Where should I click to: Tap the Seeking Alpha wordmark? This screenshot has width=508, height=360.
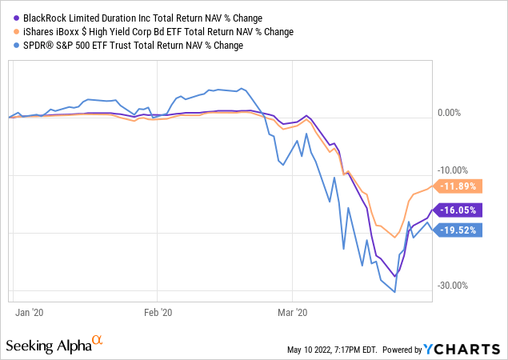click(48, 346)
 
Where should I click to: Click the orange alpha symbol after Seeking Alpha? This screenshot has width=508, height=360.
click(98, 341)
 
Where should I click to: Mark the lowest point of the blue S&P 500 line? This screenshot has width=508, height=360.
click(394, 291)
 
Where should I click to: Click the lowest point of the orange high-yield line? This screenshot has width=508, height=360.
click(394, 237)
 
